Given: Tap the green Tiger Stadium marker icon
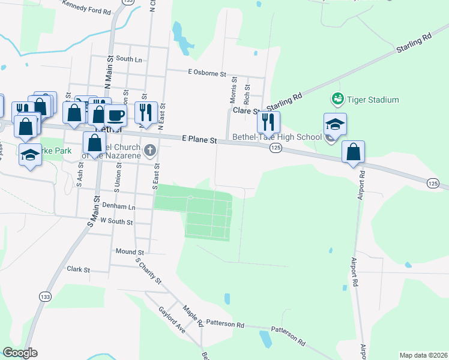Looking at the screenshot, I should pyautogui.click(x=337, y=98).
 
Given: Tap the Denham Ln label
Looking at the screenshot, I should pyautogui.click(x=118, y=206).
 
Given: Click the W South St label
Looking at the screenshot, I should pyautogui.click(x=116, y=221).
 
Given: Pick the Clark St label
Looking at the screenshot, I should pyautogui.click(x=78, y=270).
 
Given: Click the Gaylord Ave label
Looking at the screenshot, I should pyautogui.click(x=172, y=319).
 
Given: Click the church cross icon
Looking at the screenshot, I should pyautogui.click(x=150, y=149).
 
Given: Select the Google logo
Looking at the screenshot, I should pyautogui.click(x=20, y=353).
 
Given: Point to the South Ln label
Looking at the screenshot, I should pyautogui.click(x=129, y=59).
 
